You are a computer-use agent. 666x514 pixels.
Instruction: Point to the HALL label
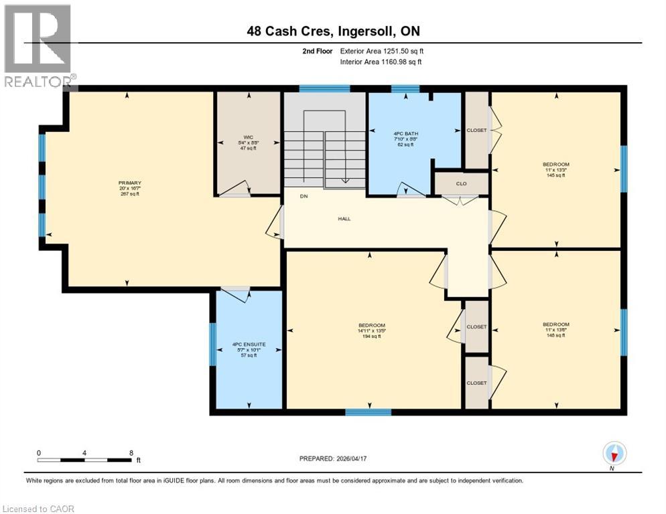coord(344,218)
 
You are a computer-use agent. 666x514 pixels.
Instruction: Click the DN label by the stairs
coord(304,197)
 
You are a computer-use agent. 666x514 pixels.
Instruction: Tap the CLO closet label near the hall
coord(461,183)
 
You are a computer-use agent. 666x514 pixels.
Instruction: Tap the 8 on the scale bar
coord(130,452)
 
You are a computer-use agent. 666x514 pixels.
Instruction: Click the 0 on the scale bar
coord(39,452)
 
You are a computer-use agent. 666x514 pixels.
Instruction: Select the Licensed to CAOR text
coord(38,509)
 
